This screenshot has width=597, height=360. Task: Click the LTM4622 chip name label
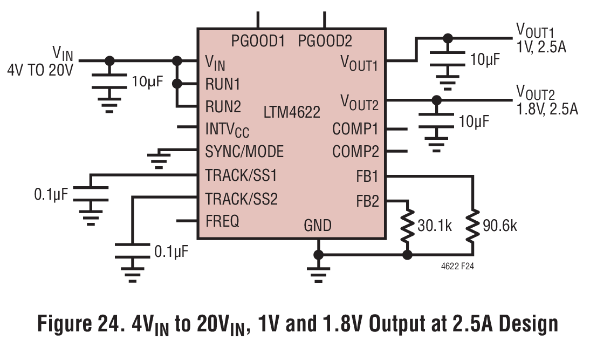[x=292, y=112]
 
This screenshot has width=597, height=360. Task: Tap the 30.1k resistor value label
[x=435, y=226]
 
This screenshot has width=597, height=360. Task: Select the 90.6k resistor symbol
[x=473, y=226]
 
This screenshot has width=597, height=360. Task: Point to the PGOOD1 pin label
[x=258, y=41]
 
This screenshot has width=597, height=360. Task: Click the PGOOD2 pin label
[x=325, y=41]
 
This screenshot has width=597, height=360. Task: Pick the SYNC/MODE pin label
[x=244, y=152]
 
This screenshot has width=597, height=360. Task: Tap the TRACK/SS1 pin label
[x=241, y=175]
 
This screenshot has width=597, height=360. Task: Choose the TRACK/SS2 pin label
[x=242, y=199]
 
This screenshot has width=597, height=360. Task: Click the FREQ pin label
[x=222, y=221]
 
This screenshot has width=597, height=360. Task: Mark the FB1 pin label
[x=367, y=176]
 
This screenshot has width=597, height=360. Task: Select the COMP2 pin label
[x=355, y=152]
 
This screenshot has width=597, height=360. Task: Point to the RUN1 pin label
[x=223, y=84]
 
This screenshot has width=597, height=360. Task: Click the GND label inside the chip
[x=318, y=226]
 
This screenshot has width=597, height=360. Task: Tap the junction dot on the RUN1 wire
[x=177, y=84]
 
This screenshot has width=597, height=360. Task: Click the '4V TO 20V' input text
[x=40, y=70]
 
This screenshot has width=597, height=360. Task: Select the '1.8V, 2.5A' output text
[x=547, y=109]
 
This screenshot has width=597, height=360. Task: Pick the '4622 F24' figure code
[x=457, y=267]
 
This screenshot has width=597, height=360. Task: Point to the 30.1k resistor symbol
[x=407, y=226]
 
